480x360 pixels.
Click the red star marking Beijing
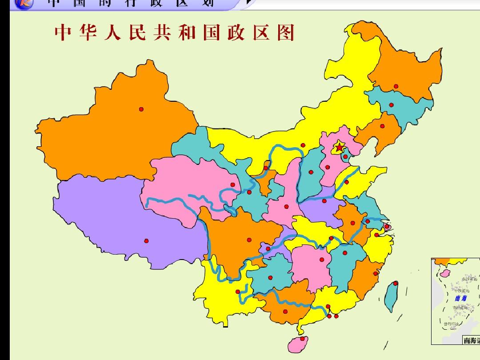(x=339, y=147)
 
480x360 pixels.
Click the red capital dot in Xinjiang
(x=141, y=109)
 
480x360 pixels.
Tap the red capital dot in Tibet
(x=146, y=241)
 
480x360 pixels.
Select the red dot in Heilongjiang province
(x=396, y=86)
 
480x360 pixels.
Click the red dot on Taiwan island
(x=396, y=283)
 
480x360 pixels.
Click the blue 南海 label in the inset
(x=460, y=298)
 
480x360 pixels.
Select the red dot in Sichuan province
(x=249, y=240)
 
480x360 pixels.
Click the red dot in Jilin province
(x=391, y=105)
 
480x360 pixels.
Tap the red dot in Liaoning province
(x=382, y=126)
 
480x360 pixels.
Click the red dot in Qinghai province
(x=232, y=185)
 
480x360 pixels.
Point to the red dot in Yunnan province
(x=238, y=292)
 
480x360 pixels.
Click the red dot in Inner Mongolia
(x=303, y=145)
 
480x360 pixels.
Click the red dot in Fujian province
(x=375, y=274)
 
